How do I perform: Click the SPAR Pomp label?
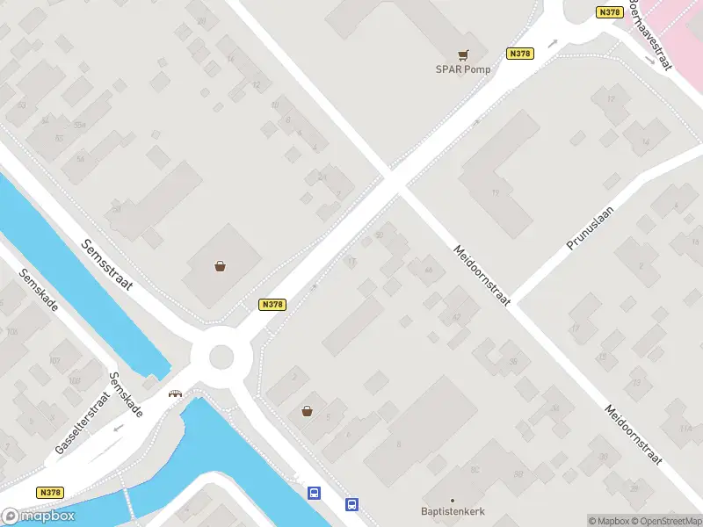463,69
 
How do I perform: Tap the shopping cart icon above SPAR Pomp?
463,54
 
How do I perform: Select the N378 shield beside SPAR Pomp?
520,54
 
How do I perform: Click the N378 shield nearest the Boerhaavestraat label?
609,11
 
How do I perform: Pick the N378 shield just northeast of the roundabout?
272,304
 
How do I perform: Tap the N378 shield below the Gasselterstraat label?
50,493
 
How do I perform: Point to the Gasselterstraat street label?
80,424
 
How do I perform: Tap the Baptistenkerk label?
453,511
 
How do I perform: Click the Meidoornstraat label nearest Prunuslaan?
482,275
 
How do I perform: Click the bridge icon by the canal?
176,393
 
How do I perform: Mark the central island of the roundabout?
221,357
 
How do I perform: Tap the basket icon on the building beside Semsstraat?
219,265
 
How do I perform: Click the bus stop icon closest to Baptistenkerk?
351,504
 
